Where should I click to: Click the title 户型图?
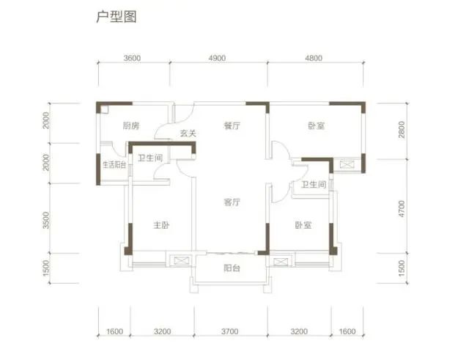[117, 17]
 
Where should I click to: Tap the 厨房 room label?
[131, 125]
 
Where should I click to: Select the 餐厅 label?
[232, 125]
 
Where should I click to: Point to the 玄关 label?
[188, 133]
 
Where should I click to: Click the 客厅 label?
[232, 202]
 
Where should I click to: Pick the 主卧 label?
[161, 225]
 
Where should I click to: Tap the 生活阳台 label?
[114, 165]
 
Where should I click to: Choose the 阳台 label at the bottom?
[232, 268]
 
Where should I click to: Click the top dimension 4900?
[217, 58]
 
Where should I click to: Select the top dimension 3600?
[132, 58]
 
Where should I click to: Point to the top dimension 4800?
[314, 58]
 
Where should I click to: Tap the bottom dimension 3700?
[229, 331]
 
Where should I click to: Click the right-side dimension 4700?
[402, 209]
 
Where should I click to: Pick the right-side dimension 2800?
[402, 130]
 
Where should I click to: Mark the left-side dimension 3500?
[46, 220]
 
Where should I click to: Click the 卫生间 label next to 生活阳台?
[150, 158]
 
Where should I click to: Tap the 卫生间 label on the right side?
[314, 184]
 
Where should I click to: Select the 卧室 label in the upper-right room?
[317, 125]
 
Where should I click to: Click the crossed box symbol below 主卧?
[181, 260]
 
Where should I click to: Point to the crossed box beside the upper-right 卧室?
[347, 164]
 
